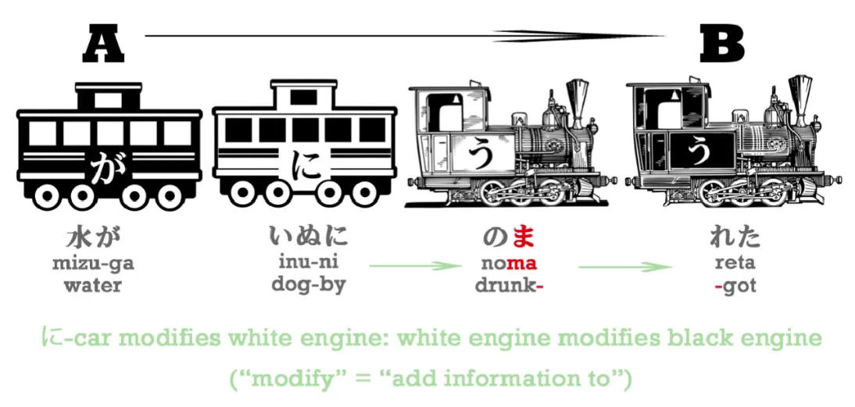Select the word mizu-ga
pos(93,263)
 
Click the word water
pos(93,285)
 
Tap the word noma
pos(510,263)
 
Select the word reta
pos(735,263)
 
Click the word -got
pos(735,286)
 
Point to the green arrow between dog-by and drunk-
pos(413,266)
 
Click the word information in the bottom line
pos(481,379)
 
